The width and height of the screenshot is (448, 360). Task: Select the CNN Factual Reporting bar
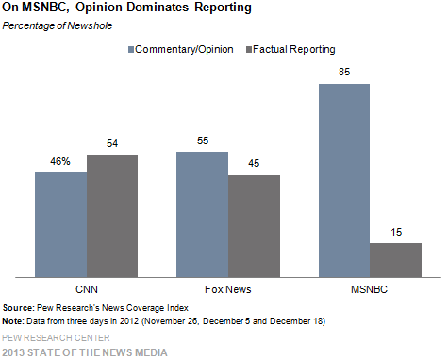(x=111, y=216)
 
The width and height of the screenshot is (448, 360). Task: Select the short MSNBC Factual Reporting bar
(x=395, y=259)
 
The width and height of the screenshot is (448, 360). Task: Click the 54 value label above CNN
(x=111, y=145)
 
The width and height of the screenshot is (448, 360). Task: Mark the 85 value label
(x=344, y=74)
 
